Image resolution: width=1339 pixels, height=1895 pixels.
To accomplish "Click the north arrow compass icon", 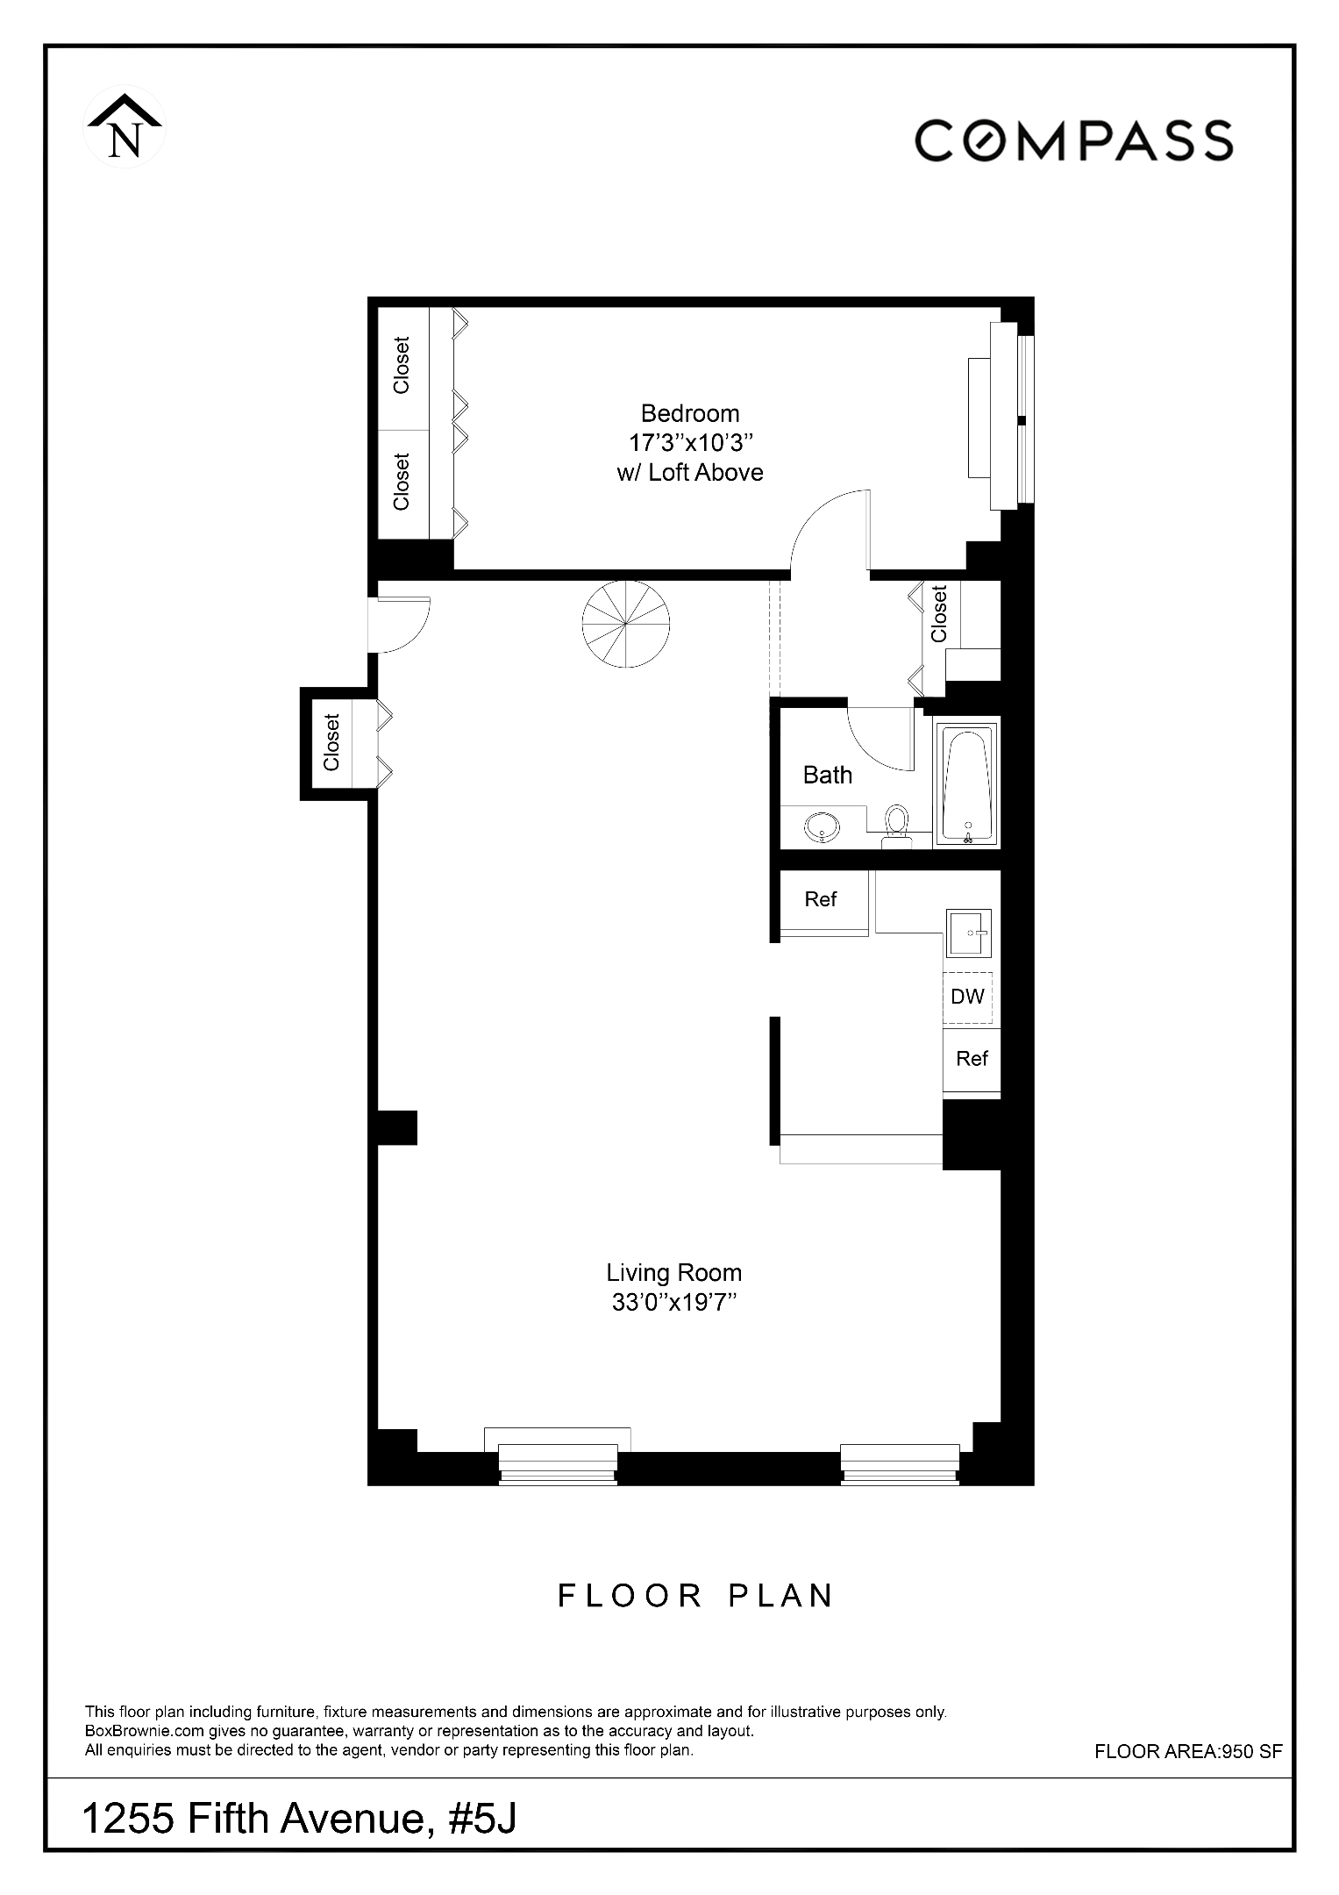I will coord(124,128).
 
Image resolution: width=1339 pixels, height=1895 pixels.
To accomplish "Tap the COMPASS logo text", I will coord(1073,140).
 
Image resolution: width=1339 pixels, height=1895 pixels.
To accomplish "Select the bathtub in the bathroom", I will coord(967,783).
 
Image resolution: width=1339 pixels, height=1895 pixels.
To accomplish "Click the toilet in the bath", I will coord(896,824).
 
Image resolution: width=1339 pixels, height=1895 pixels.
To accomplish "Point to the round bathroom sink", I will coord(822,826).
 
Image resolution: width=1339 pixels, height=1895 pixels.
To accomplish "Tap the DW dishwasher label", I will coord(967,997).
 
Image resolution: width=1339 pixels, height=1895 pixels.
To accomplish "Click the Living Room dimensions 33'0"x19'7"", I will coord(673,1303).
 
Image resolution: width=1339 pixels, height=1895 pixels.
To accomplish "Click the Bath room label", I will coord(827,775).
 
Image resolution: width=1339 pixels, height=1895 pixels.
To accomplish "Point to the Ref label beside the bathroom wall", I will coord(820,899).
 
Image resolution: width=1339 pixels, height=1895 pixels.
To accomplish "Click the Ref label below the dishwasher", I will coord(972,1059).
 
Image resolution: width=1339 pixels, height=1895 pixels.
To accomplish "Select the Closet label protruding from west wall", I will coord(331,742).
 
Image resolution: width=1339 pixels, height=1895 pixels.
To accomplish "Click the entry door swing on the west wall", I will coord(399,625).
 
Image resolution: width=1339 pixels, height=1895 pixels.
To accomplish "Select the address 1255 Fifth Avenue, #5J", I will coord(299,1819).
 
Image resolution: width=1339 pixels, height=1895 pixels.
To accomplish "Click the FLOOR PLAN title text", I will coord(695,1596).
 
